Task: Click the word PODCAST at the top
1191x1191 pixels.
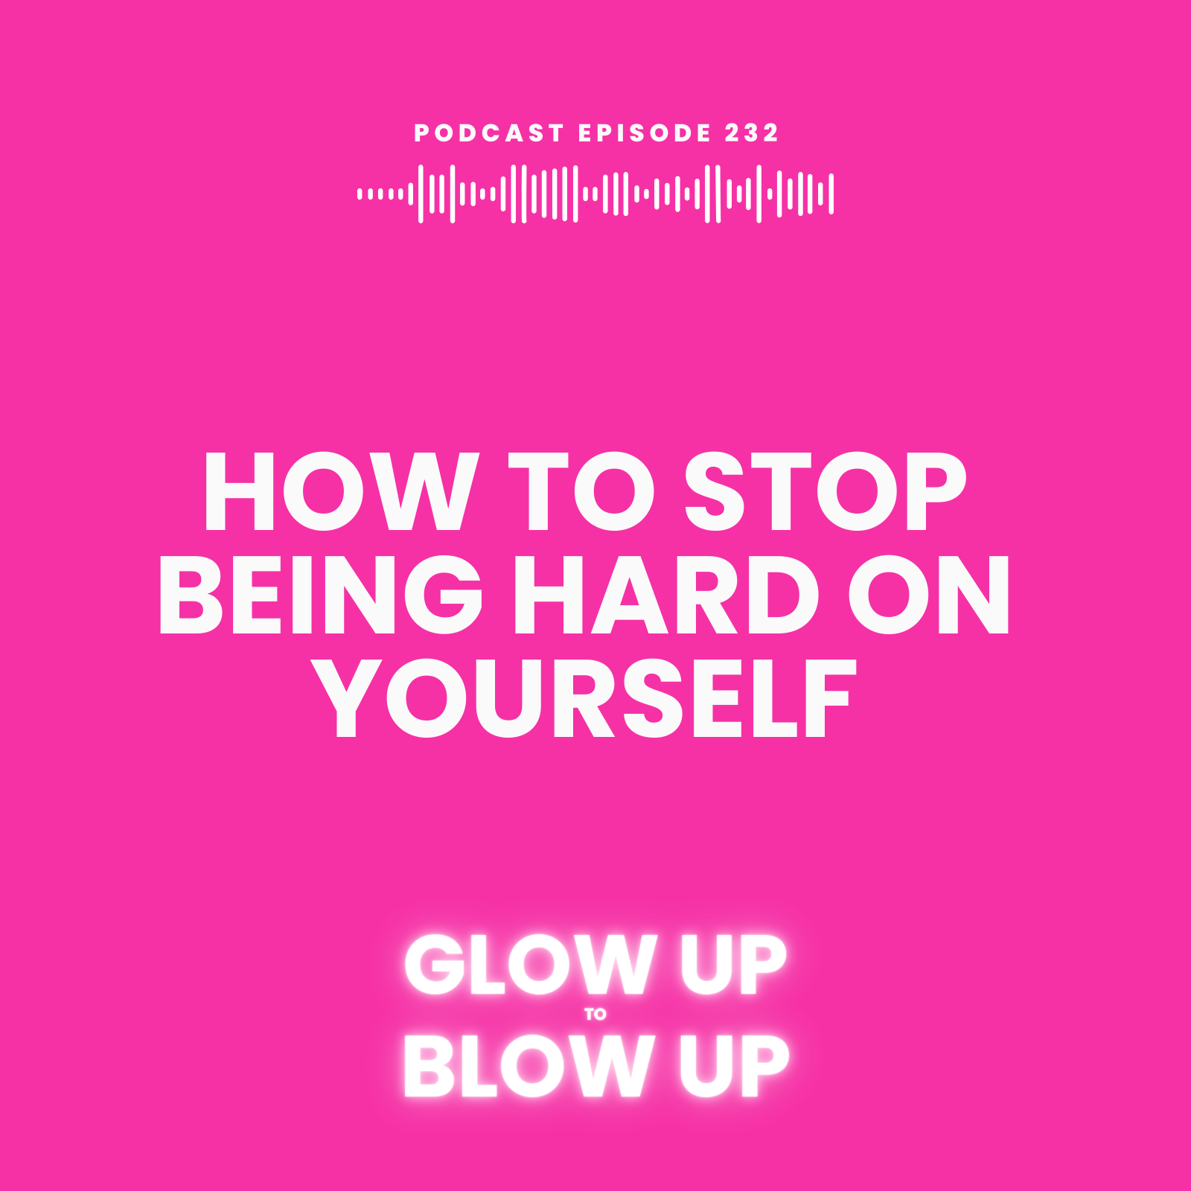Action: pos(489,133)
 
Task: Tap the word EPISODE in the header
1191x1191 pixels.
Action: pos(645,133)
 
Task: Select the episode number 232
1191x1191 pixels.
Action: pos(752,133)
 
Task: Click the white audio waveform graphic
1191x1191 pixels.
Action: pos(595,194)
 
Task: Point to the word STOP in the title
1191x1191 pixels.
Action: pos(826,492)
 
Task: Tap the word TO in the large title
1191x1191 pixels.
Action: pos(581,492)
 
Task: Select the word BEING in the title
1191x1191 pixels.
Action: pos(321,595)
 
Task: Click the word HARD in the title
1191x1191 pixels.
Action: pos(666,595)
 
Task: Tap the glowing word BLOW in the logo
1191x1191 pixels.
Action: pos(526,1066)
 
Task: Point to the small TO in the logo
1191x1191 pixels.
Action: pos(595,1014)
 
